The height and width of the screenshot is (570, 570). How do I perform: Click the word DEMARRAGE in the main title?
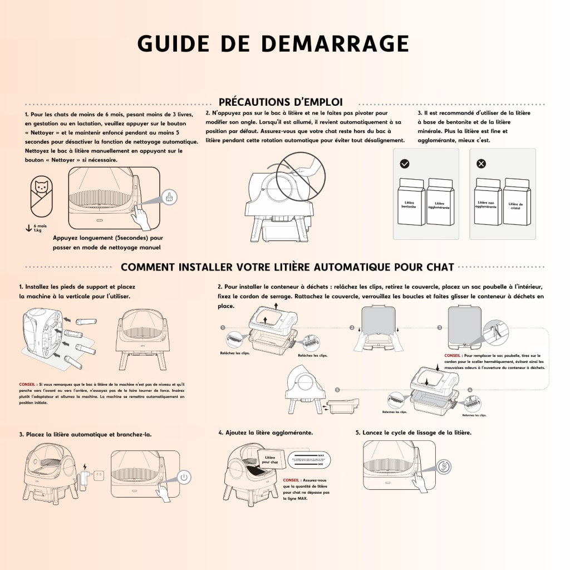[x=335, y=43]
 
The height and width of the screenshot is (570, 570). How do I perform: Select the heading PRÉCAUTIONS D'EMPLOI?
[x=280, y=102]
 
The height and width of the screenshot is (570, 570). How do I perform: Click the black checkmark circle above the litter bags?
[x=405, y=164]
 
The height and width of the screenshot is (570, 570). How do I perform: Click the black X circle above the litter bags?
[x=481, y=164]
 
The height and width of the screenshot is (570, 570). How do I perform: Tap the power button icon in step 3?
[x=185, y=477]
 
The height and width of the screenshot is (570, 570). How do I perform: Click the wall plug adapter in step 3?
[x=85, y=478]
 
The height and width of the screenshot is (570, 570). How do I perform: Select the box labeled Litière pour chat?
[x=270, y=459]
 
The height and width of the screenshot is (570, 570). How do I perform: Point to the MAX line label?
[x=322, y=454]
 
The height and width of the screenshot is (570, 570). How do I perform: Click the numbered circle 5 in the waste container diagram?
[x=337, y=389]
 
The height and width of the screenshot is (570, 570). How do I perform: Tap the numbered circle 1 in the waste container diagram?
[x=223, y=328]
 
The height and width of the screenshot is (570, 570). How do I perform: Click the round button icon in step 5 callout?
[x=444, y=466]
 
